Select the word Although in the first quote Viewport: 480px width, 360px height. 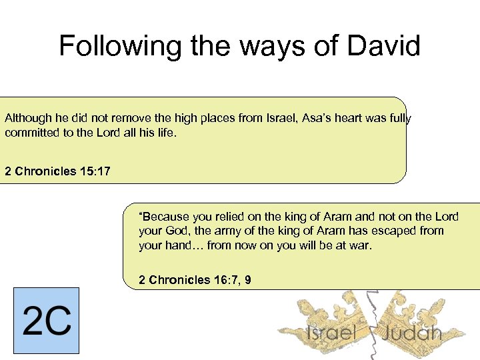[28, 118]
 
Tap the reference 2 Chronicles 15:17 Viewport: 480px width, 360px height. [57, 171]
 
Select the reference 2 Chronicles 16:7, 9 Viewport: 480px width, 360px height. [195, 280]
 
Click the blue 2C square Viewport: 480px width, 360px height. [46, 320]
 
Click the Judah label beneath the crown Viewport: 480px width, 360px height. [412, 332]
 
